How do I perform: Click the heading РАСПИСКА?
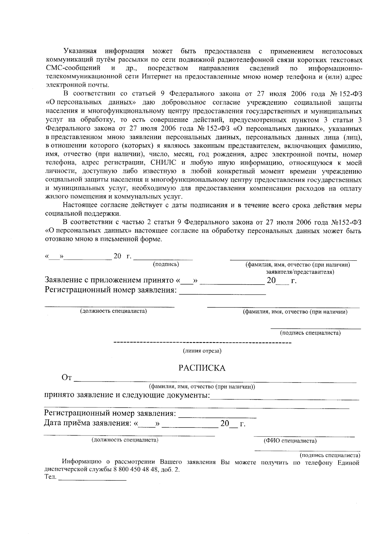(202, 368)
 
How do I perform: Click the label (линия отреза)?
(202, 351)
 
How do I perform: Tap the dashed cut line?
(202, 343)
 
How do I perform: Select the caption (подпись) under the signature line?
(166, 264)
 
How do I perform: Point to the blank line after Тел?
(93, 480)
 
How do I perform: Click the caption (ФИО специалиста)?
(290, 441)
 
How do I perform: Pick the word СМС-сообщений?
(73, 68)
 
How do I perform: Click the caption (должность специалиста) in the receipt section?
(125, 440)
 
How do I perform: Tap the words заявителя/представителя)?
(300, 272)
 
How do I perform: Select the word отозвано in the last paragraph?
(56, 239)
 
